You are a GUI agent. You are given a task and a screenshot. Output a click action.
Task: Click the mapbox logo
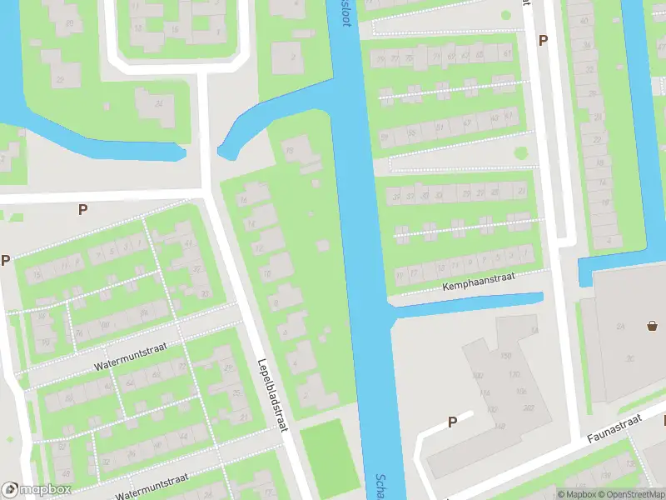point(36,490)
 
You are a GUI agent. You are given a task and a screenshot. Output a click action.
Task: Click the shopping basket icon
point(652,326)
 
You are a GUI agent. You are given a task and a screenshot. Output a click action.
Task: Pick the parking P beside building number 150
point(452,422)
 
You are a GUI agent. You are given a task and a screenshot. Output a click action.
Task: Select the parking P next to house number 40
point(544,39)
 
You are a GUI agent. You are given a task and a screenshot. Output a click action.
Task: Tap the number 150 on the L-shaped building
point(504,356)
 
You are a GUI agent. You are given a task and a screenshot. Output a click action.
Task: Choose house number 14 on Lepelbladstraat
point(251,223)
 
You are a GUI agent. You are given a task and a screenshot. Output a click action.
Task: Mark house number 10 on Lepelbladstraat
point(266,272)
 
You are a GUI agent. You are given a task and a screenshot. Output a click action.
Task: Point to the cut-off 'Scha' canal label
point(380,487)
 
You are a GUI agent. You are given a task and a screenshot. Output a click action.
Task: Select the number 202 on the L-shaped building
point(528,408)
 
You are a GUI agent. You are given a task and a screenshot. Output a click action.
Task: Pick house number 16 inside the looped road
point(174,29)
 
